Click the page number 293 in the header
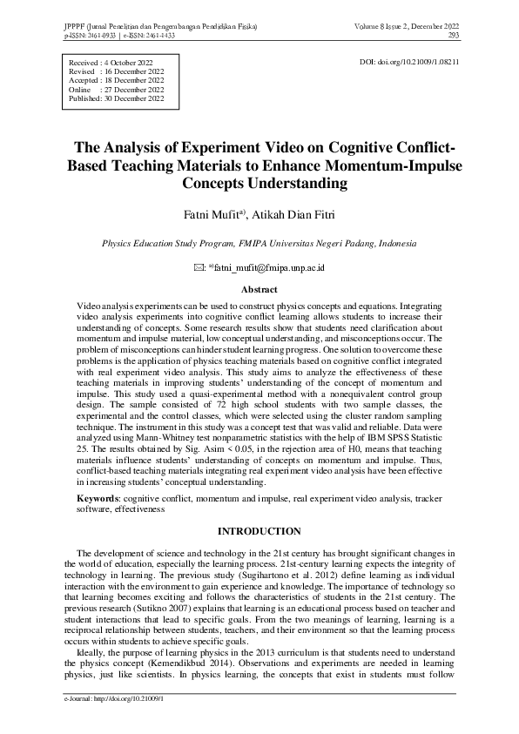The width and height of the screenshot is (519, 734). (454, 36)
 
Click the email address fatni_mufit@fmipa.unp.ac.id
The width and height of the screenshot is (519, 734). (268, 270)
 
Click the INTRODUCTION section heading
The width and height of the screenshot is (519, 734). (259, 531)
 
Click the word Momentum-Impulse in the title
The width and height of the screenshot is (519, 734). (389, 165)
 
